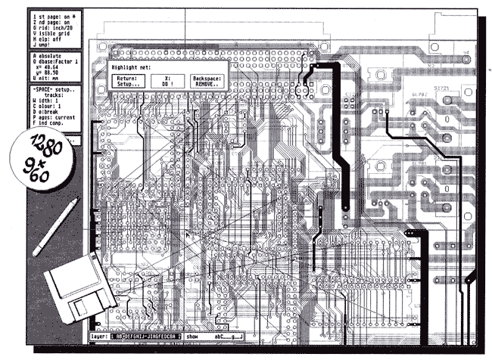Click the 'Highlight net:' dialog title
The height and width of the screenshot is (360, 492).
[129, 67]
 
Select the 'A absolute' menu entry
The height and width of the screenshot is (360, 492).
[50, 56]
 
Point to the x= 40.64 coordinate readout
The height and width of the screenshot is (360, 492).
[54, 68]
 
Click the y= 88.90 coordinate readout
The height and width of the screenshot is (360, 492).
[54, 74]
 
